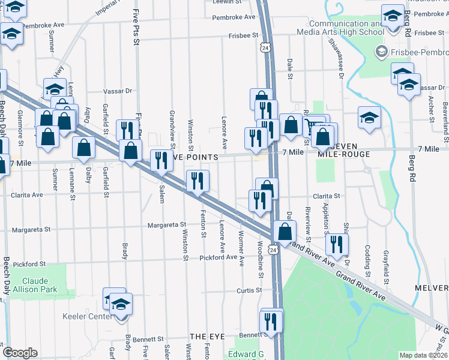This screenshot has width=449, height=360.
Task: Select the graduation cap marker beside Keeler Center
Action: click(121, 305)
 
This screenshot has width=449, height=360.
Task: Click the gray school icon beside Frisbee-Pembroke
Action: click(381, 52)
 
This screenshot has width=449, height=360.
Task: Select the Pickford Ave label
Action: click(219, 257)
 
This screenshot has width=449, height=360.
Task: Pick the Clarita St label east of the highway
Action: click(327, 196)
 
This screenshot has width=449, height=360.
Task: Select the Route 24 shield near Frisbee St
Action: click(265, 46)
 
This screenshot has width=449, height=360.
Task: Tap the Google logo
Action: click(20, 353)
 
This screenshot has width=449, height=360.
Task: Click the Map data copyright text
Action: click(424, 355)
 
